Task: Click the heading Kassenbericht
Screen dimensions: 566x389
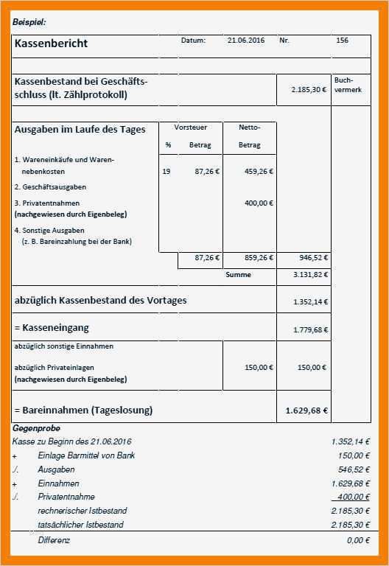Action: coord(51,43)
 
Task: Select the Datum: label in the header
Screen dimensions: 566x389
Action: coord(193,41)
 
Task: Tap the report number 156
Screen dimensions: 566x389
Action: coord(342,41)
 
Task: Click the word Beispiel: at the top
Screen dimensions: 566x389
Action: coord(29,22)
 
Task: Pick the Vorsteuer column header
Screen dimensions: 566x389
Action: coord(190,127)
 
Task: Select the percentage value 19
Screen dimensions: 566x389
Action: coord(166,172)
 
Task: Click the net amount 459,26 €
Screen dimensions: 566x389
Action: coord(258,172)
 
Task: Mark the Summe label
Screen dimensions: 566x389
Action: coord(238,275)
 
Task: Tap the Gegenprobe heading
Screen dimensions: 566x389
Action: coord(36,428)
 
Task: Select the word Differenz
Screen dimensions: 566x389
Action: coord(54,540)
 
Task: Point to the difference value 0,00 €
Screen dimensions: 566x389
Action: coord(357,540)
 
